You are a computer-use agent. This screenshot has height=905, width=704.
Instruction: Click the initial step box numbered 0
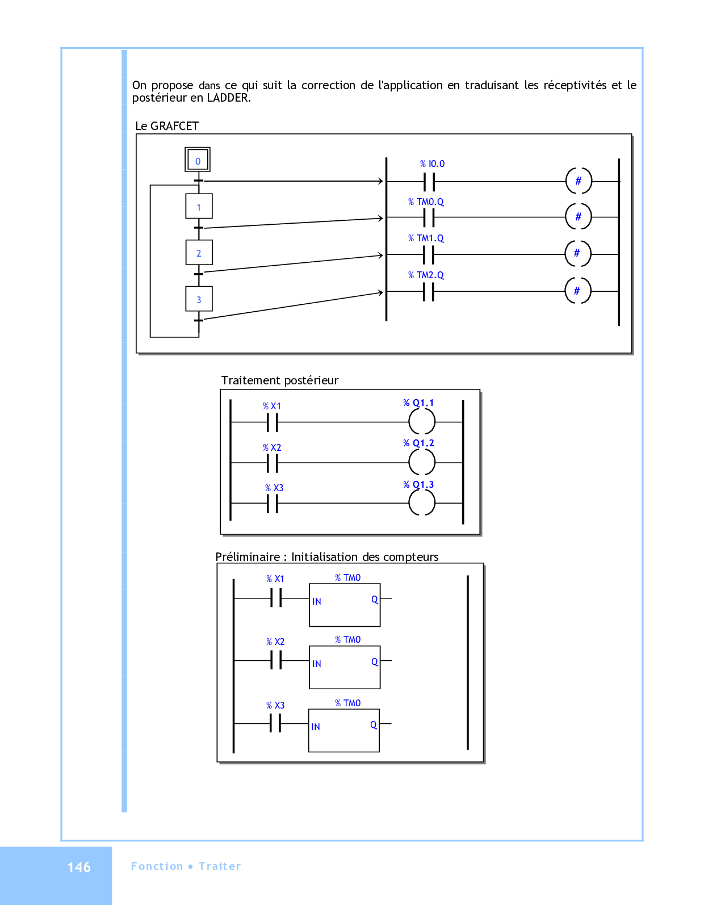point(198,160)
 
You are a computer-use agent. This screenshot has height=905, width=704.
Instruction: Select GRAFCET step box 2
point(199,253)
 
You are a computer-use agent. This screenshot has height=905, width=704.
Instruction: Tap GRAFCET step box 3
point(199,299)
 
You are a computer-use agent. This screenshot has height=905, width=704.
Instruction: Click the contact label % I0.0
point(432,164)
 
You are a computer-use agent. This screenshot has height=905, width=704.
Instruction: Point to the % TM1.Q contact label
point(426,238)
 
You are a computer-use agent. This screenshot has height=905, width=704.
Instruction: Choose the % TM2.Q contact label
point(426,275)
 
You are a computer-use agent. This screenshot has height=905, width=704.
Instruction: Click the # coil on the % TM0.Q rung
point(579,216)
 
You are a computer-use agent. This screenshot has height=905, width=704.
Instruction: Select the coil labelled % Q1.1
point(422,421)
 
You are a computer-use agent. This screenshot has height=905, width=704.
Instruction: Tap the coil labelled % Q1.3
point(422,502)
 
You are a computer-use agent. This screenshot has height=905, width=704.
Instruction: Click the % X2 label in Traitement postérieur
point(272,448)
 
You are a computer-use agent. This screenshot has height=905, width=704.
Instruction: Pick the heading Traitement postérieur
point(280,380)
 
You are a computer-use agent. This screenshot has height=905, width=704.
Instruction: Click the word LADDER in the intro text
point(229,98)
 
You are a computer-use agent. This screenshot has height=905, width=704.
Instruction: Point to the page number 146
point(79,867)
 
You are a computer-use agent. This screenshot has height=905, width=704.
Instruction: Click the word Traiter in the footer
point(220,866)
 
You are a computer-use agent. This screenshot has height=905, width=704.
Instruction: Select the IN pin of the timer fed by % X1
point(317,601)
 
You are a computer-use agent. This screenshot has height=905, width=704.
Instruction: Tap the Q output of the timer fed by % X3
point(374,724)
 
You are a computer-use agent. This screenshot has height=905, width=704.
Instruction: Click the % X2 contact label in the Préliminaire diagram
point(275,642)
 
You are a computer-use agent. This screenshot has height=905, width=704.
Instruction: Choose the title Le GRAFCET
point(167,126)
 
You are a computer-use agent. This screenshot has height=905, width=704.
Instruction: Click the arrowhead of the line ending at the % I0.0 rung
point(380,181)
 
